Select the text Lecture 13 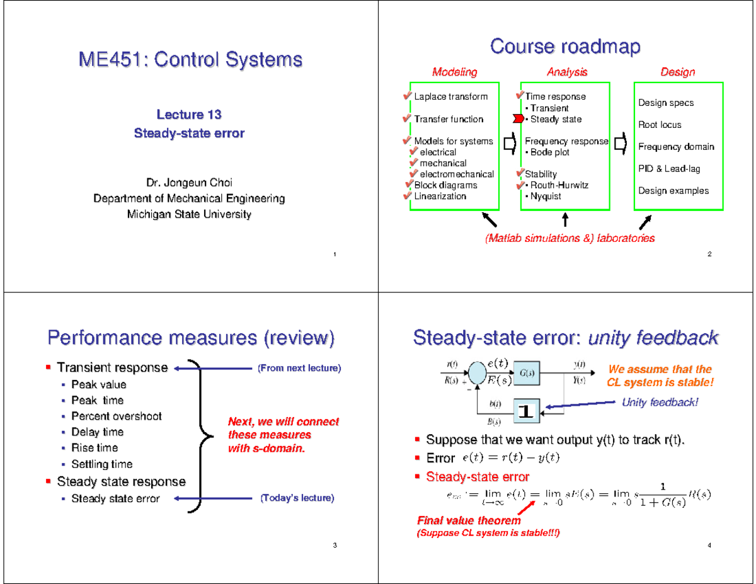(x=189, y=115)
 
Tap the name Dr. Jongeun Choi (x=189, y=183)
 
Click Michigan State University (x=189, y=214)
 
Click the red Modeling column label (x=454, y=72)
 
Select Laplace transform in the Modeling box (x=450, y=96)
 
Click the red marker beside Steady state (x=518, y=119)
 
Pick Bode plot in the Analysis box (x=549, y=152)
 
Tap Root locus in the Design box (x=660, y=125)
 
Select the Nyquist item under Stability (x=545, y=196)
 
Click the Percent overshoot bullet (x=117, y=416)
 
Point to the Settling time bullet (x=102, y=464)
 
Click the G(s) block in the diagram (x=527, y=372)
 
